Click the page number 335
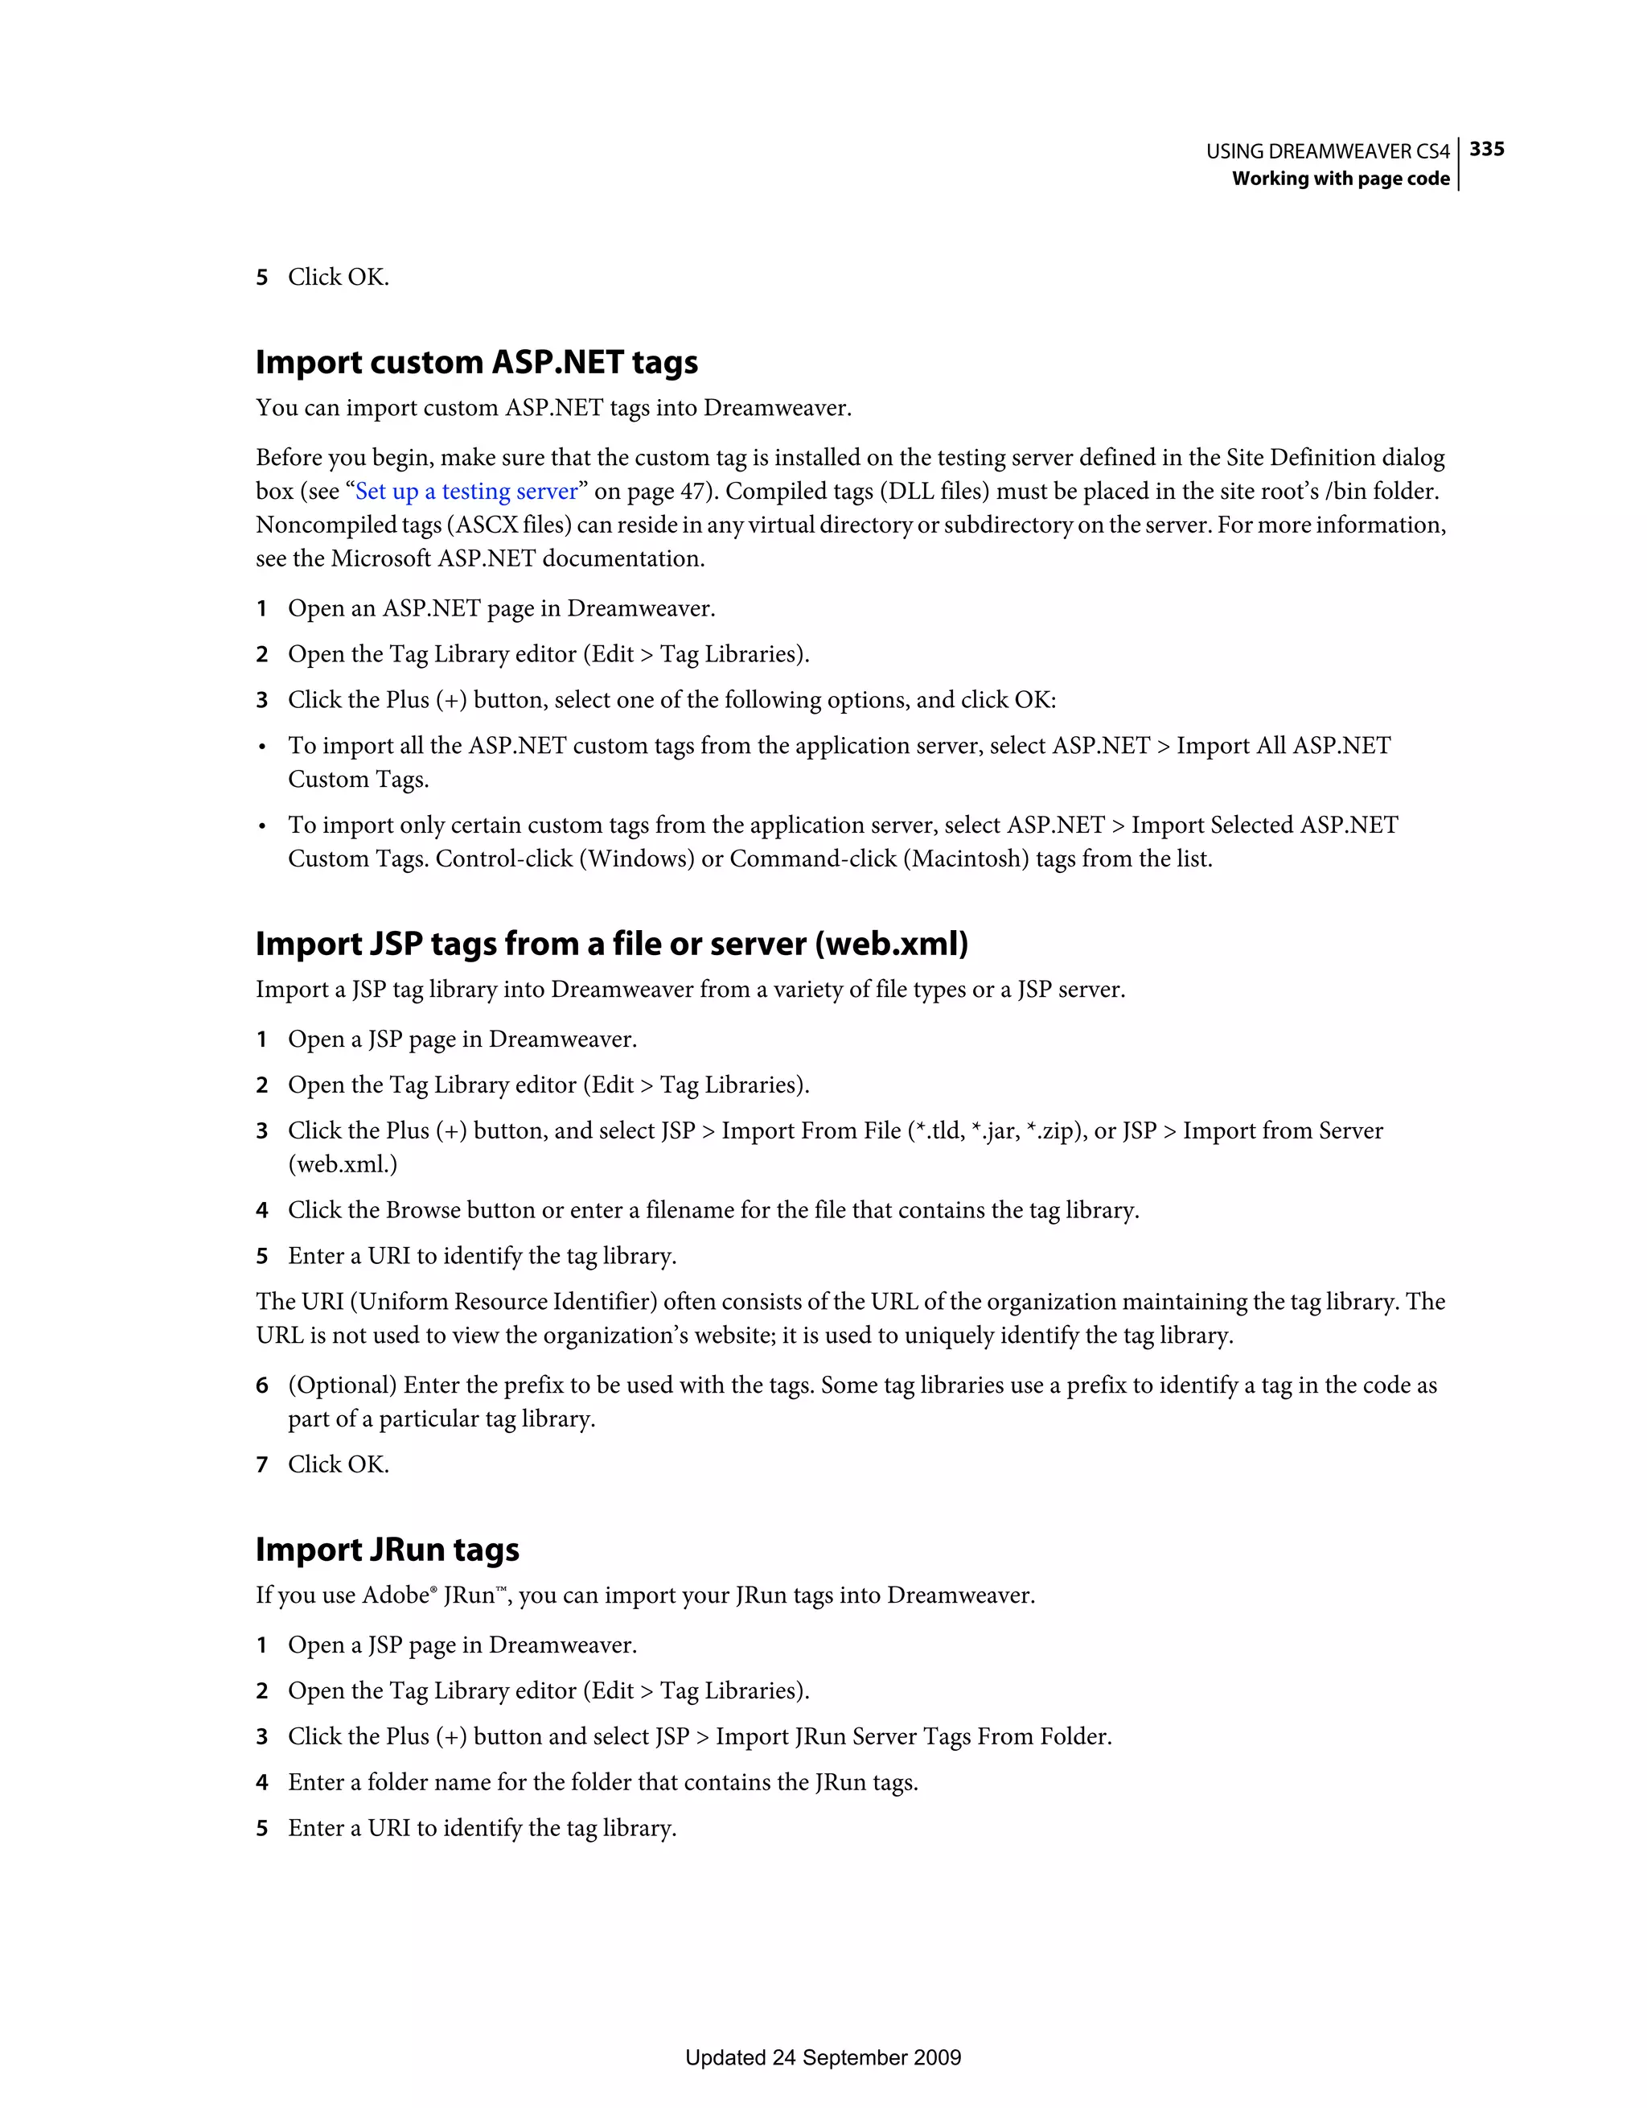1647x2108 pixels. [x=1486, y=149]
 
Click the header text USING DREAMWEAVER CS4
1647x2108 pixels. [x=1327, y=151]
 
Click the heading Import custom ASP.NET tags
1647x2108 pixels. [x=477, y=362]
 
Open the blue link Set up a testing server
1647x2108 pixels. [x=466, y=492]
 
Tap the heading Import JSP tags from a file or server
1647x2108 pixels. [x=612, y=943]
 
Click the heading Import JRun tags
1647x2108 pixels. [x=387, y=1549]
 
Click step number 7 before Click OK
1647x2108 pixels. [x=261, y=1465]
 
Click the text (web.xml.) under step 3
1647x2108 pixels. [x=343, y=1165]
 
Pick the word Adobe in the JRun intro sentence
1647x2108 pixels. [x=395, y=1595]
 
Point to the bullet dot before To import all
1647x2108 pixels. [x=261, y=747]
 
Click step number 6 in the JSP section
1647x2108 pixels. [x=261, y=1386]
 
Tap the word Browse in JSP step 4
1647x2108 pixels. [x=422, y=1210]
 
